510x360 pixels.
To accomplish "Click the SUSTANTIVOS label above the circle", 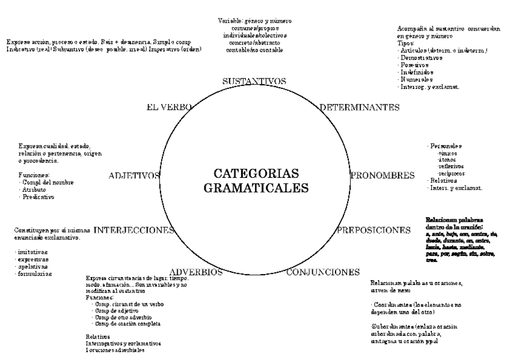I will click(x=254, y=81).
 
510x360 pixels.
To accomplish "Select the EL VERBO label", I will click(x=168, y=108).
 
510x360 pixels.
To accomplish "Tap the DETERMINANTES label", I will click(x=360, y=108).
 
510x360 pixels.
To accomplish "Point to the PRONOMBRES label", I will click(x=382, y=175).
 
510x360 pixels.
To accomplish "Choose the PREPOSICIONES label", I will click(x=373, y=230).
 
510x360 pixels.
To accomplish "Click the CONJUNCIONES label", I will click(x=322, y=272).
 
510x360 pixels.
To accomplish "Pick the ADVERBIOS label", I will click(x=197, y=272).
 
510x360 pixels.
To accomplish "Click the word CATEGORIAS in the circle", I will click(x=256, y=174).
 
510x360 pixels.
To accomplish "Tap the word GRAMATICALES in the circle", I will click(x=256, y=188).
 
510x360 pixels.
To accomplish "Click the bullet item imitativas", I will click(x=34, y=252).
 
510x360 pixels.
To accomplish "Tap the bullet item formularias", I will click(x=35, y=274).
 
